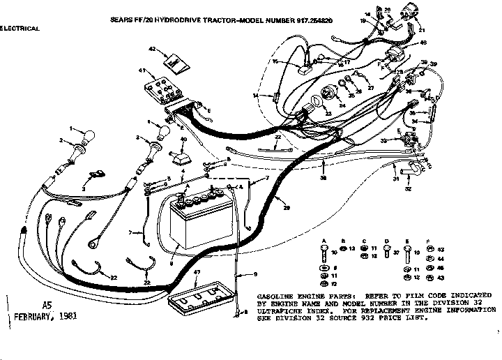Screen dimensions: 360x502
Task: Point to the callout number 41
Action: tap(142, 72)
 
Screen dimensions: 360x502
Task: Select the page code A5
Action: tap(47, 305)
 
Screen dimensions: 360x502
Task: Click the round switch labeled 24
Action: tap(326, 98)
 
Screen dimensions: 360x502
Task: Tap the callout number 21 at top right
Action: tap(420, 31)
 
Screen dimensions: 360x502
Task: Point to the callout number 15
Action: tap(275, 62)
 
